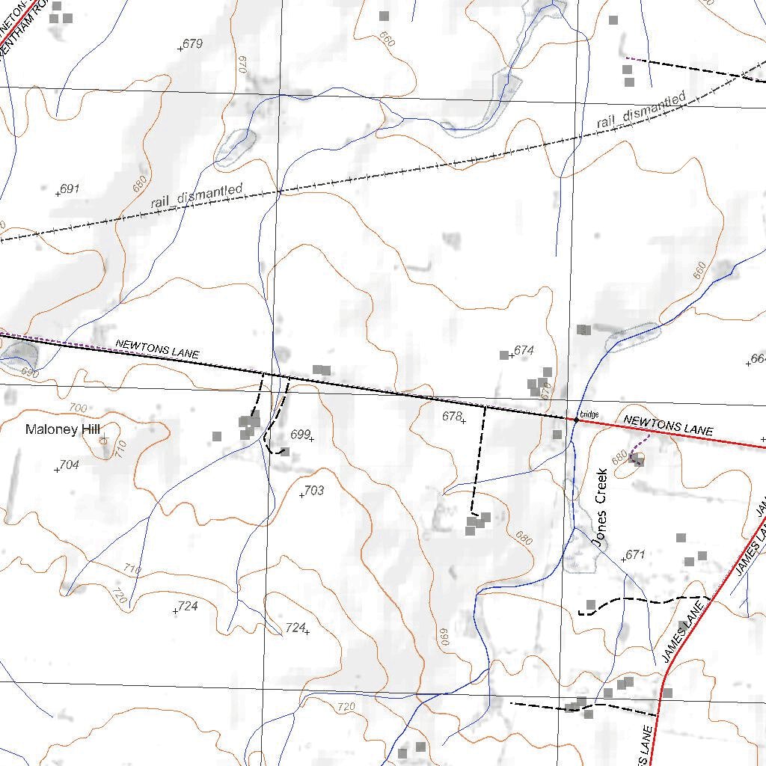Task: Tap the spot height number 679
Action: pyautogui.click(x=192, y=44)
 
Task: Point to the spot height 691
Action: pyautogui.click(x=69, y=189)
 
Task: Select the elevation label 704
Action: pyautogui.click(x=69, y=465)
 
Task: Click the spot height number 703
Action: pyautogui.click(x=314, y=491)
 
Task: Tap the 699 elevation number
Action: pyautogui.click(x=300, y=435)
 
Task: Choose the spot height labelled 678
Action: pyautogui.click(x=452, y=417)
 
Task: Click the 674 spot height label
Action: pyautogui.click(x=524, y=350)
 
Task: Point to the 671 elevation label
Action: pyautogui.click(x=634, y=554)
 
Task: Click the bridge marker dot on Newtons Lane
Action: pyautogui.click(x=576, y=420)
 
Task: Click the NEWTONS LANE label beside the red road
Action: pyautogui.click(x=668, y=426)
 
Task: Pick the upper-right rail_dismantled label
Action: pyautogui.click(x=641, y=110)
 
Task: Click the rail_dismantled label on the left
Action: pyautogui.click(x=197, y=196)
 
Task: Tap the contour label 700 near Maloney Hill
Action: pyautogui.click(x=78, y=408)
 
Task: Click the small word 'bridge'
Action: pyautogui.click(x=589, y=414)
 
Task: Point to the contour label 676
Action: pyautogui.click(x=545, y=390)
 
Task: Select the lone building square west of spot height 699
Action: pyautogui.click(x=217, y=436)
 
